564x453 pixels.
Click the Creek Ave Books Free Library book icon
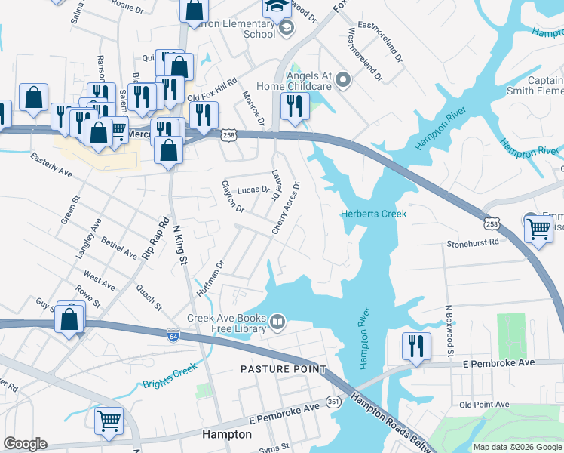pyautogui.click(x=277, y=323)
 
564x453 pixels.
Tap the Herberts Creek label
pyautogui.click(x=373, y=214)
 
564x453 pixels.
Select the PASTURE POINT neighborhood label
pyautogui.click(x=283, y=369)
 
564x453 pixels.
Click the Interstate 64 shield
pyautogui.click(x=173, y=332)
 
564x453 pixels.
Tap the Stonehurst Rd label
pyautogui.click(x=473, y=243)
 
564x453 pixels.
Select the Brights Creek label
pyautogui.click(x=170, y=376)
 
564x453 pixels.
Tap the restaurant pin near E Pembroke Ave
pyautogui.click(x=416, y=347)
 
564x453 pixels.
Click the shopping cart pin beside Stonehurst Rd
pyautogui.click(x=538, y=227)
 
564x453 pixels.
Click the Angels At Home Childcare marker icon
pyautogui.click(x=343, y=79)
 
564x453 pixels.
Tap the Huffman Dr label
pyautogui.click(x=211, y=279)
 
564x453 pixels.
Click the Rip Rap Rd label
pyautogui.click(x=155, y=239)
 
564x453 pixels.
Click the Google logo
pyautogui.click(x=25, y=444)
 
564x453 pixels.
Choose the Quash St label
pyautogui.click(x=149, y=297)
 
